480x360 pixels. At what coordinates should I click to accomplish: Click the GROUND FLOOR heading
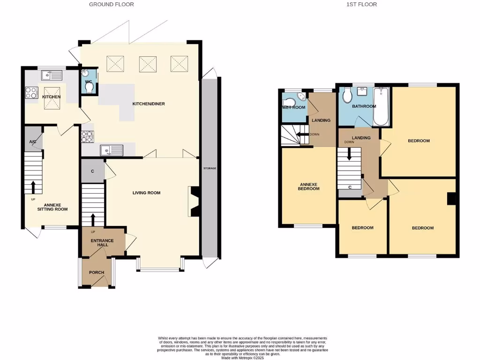(112, 4)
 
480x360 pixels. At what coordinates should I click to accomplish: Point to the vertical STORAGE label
(210, 168)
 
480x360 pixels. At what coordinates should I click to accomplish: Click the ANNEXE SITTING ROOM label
(52, 207)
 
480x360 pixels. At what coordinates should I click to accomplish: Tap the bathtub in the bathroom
(381, 108)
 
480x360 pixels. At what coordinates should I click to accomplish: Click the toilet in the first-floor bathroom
(347, 96)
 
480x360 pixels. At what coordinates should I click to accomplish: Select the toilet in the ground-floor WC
(90, 88)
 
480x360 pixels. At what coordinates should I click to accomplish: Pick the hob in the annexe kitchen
(31, 93)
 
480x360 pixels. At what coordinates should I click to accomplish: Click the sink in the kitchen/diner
(112, 150)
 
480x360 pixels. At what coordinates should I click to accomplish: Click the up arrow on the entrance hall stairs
(92, 219)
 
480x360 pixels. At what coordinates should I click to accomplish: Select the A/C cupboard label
(33, 142)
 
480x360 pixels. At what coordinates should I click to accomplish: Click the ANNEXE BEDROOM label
(308, 187)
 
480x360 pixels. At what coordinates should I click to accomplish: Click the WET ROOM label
(294, 107)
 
